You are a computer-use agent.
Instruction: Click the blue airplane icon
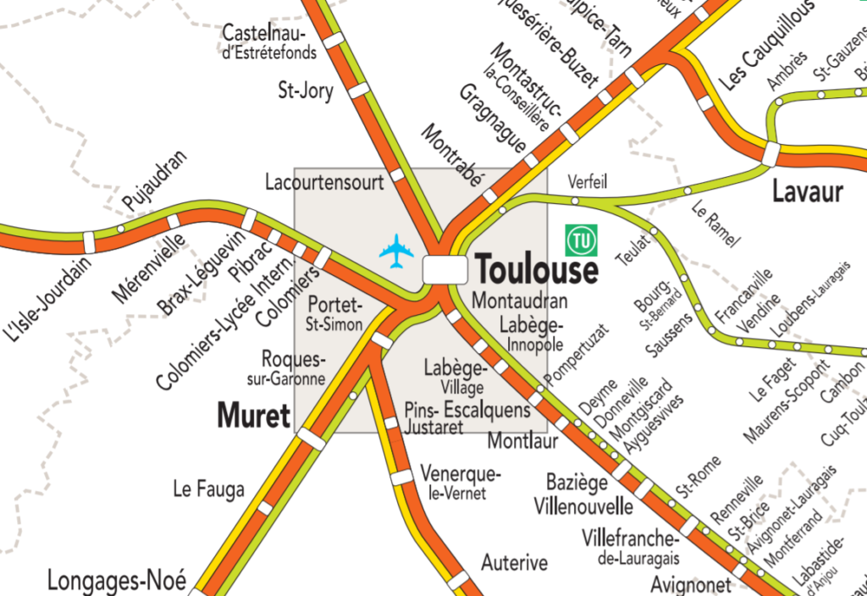[x=396, y=251]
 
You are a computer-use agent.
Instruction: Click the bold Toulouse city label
[x=537, y=270]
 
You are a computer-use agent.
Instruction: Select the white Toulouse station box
[x=445, y=269]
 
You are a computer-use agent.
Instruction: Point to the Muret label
[x=253, y=416]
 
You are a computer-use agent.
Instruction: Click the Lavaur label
[x=807, y=192]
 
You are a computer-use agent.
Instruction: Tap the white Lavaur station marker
[x=770, y=154]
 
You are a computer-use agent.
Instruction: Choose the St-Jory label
[x=306, y=90]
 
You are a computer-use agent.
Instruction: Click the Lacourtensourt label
[x=324, y=181]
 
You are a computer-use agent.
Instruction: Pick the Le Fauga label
[x=208, y=488]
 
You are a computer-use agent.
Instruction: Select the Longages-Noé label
[x=115, y=581]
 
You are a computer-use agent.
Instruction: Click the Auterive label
[x=515, y=562]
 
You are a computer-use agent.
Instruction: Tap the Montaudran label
[x=520, y=300]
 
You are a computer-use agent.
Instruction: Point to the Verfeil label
[x=588, y=181]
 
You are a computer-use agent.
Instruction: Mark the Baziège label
[x=577, y=483]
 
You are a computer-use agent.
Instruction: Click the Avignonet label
[x=691, y=584]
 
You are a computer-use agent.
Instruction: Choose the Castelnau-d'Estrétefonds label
[x=269, y=42]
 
